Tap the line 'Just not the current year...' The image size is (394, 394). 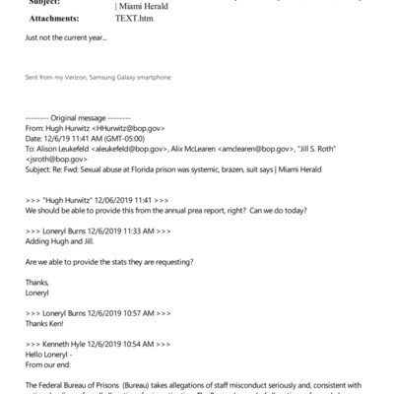click(66, 39)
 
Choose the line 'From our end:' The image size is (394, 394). click(53, 367)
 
